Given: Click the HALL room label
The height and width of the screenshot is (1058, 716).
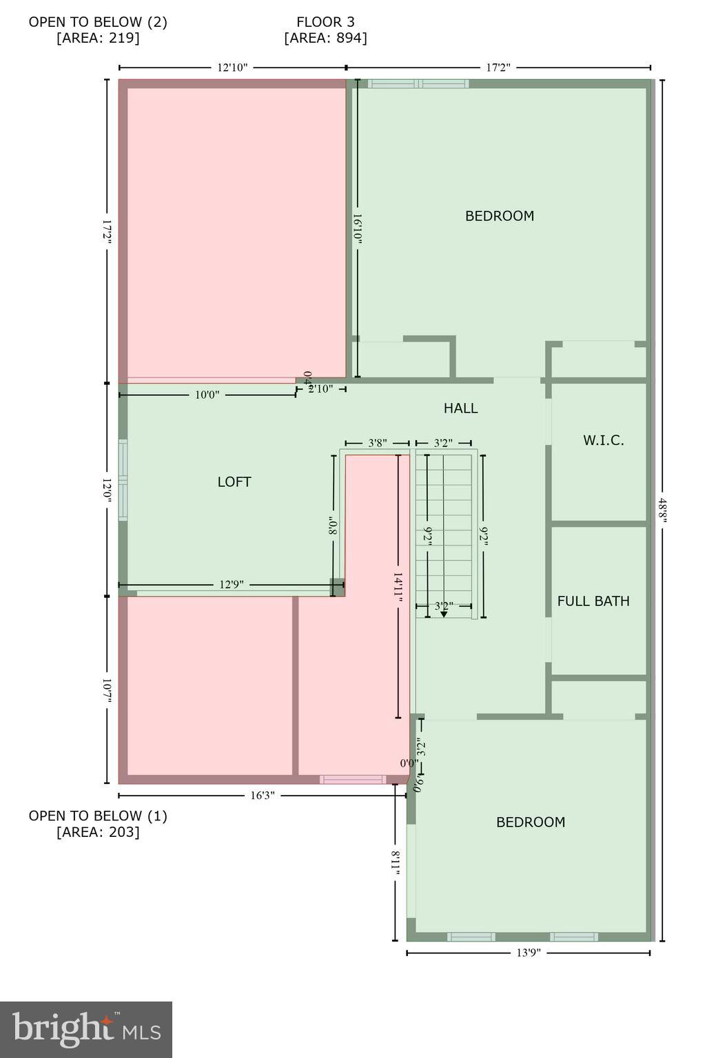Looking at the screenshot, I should [460, 408].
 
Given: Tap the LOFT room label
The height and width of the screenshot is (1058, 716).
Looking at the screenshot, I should [234, 482].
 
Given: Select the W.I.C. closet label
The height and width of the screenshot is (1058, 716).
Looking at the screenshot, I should [603, 441].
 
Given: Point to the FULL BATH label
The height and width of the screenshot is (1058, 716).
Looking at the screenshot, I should [593, 601].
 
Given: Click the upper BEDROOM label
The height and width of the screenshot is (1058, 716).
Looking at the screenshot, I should [500, 216].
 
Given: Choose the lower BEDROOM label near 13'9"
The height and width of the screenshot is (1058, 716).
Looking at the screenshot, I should [531, 822].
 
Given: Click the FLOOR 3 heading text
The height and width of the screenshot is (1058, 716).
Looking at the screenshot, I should [325, 22].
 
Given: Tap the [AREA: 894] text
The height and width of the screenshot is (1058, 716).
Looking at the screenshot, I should [325, 39].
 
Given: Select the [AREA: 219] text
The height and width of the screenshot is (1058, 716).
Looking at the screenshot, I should [98, 39].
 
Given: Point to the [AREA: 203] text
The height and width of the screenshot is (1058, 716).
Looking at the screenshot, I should [98, 832].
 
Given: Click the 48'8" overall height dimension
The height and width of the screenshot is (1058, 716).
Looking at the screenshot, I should [662, 510].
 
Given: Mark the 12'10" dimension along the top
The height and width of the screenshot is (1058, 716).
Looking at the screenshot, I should [232, 68].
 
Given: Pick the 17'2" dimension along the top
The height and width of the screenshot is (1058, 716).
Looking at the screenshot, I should [498, 68].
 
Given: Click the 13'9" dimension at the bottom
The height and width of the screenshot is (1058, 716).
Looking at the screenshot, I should [529, 953].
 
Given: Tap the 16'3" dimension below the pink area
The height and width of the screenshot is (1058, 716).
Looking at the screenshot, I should [262, 796].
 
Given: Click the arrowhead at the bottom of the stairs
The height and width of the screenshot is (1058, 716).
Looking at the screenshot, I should [444, 614].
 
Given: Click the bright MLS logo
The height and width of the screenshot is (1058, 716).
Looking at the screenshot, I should [86, 1030].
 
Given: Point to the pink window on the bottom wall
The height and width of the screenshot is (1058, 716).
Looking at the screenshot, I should [352, 780].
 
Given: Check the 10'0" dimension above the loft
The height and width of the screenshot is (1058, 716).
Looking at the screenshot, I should [207, 395].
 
